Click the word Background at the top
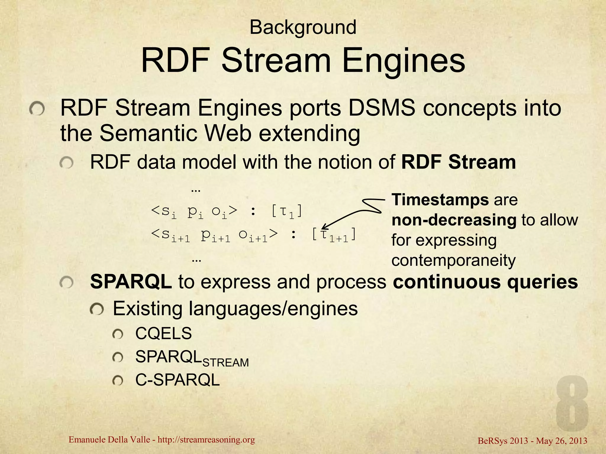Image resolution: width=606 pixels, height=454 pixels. click(x=303, y=27)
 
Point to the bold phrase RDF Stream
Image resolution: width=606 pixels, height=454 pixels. click(x=458, y=162)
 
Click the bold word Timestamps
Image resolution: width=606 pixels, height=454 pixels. click(x=440, y=200)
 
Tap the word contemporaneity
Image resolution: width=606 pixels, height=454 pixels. click(x=453, y=260)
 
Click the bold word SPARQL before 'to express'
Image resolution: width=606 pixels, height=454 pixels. click(x=131, y=282)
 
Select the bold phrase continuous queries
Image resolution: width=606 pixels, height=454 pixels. click(x=485, y=282)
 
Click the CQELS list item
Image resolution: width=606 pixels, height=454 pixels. click(x=163, y=333)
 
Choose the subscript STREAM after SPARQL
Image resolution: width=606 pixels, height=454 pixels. click(x=225, y=363)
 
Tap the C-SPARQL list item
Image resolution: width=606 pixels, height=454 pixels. click(x=177, y=380)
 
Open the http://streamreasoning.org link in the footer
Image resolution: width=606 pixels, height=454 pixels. click(x=206, y=440)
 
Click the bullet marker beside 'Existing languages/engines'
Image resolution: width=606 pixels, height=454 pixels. click(x=96, y=309)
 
